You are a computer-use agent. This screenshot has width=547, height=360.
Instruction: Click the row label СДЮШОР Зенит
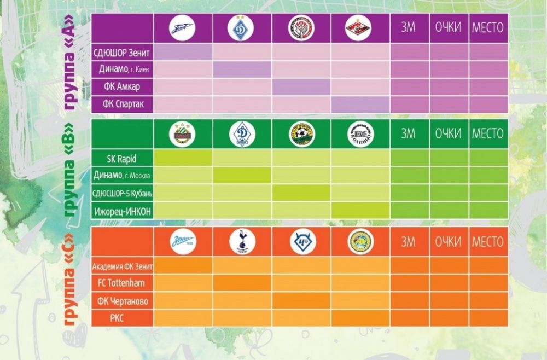point(123,53)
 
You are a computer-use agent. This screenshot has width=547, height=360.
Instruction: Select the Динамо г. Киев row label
point(123,69)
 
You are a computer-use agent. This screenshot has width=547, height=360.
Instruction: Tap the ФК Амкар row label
point(123,86)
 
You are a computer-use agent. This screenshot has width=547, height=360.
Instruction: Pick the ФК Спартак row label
point(123,103)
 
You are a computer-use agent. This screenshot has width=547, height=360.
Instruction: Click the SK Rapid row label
point(123,159)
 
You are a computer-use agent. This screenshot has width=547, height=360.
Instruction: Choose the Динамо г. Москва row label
point(123,176)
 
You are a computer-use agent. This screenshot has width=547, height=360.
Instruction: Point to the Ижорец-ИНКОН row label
point(123,211)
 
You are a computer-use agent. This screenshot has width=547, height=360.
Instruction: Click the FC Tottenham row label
point(123,283)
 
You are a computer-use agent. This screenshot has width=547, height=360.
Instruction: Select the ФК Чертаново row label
point(123,301)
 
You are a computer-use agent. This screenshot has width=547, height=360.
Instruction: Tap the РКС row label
point(123,318)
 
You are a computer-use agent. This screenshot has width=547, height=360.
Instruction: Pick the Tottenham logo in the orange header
point(241,242)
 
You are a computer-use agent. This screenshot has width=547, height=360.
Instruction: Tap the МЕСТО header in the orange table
point(487,242)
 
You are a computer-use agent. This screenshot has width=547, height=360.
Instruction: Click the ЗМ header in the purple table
point(409,28)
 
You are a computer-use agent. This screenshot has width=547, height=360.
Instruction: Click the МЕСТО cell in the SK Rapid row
point(487,158)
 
